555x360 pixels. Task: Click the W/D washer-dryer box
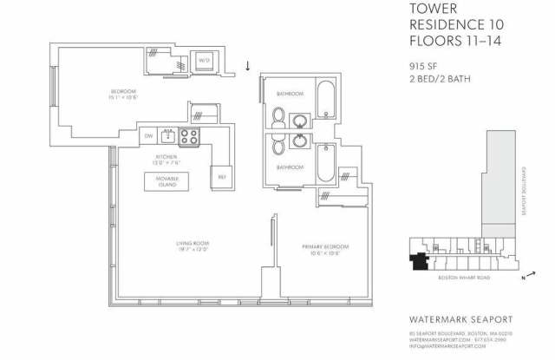[205, 61]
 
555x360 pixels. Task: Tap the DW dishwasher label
[148, 136]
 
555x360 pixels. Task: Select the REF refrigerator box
[221, 176]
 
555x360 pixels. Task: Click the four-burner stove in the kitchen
[189, 136]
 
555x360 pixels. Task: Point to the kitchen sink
[166, 135]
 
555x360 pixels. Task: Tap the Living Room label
[194, 245]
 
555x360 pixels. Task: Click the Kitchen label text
[166, 160]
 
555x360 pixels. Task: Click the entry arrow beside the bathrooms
[250, 66]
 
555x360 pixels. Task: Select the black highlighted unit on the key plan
[420, 260]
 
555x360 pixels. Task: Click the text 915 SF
[422, 66]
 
